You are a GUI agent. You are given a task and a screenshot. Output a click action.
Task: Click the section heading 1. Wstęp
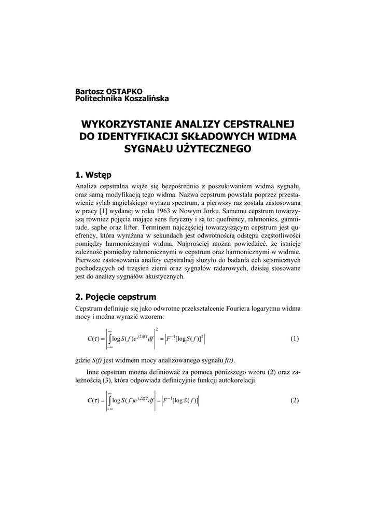pyautogui.click(x=96, y=174)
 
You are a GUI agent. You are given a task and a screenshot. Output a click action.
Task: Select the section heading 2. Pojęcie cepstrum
pyautogui.click(x=116, y=297)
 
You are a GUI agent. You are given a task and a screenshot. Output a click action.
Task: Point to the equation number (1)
pyautogui.click(x=295, y=339)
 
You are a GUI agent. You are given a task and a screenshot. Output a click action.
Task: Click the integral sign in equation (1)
pyautogui.click(x=109, y=339)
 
